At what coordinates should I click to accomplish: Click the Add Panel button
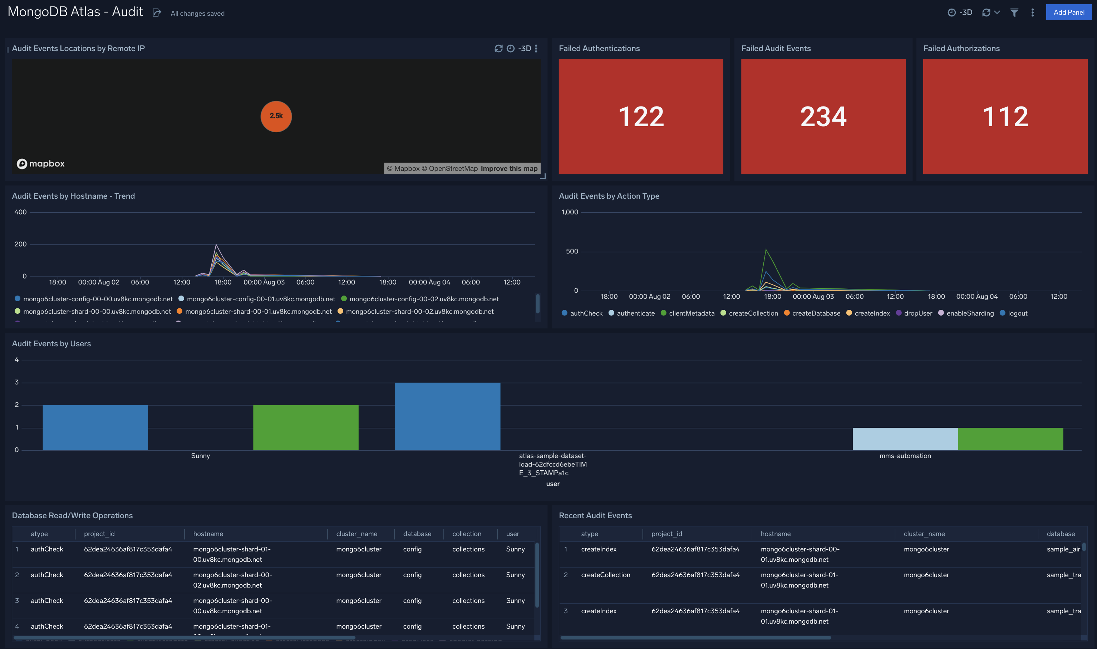1068,12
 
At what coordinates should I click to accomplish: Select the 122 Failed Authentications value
641,117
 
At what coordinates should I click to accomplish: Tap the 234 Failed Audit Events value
823,117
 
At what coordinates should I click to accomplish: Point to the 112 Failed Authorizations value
1005,117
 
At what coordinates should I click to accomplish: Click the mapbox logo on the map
41,164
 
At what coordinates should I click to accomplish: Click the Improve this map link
509,168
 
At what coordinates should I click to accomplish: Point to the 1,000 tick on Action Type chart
570,212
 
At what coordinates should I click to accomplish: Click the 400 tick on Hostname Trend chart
21,212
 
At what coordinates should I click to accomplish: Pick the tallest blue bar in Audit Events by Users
447,416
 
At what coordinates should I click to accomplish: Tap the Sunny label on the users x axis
200,456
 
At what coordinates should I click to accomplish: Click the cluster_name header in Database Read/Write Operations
356,534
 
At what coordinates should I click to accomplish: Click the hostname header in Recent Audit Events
776,534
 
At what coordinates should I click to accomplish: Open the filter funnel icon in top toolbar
1014,13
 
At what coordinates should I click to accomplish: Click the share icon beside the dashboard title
157,13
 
